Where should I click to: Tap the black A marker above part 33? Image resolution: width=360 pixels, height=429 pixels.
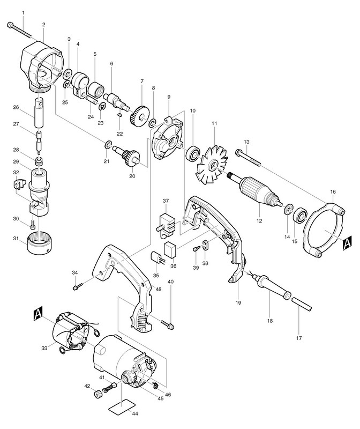tap(38, 313)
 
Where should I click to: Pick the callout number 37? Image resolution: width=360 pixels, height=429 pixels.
tap(166, 201)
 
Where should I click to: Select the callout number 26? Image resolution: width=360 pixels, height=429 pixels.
tap(16, 107)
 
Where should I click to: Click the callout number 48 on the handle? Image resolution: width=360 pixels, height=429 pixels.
tap(158, 289)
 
